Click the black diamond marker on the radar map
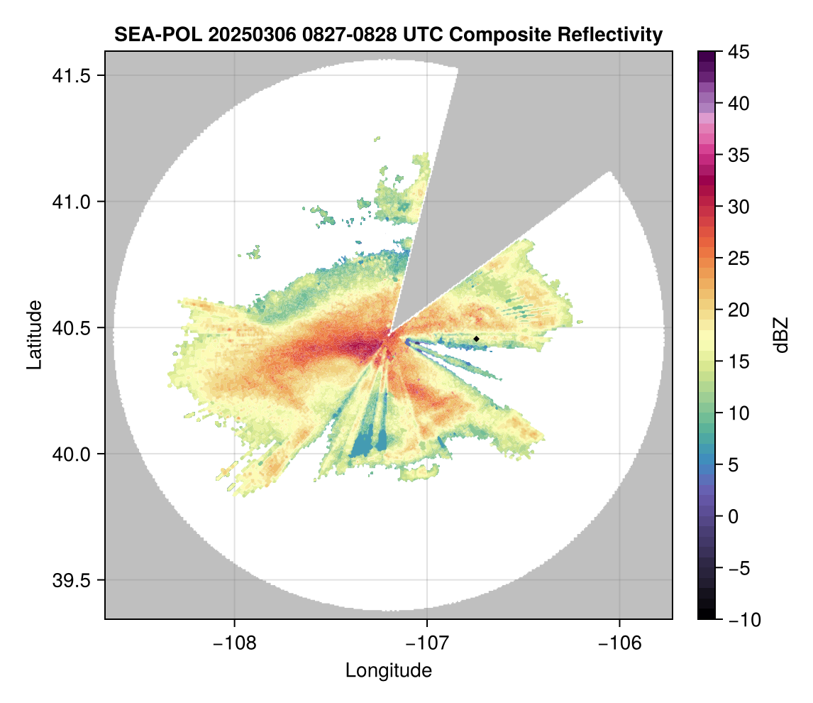(476, 339)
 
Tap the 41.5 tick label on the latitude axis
(71, 76)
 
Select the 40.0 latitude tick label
(71, 454)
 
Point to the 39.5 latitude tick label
(71, 580)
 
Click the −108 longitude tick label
(234, 643)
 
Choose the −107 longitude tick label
(427, 643)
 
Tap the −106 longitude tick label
(619, 643)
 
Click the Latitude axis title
(34, 334)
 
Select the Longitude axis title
(389, 670)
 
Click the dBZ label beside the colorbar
(781, 335)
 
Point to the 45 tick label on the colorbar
(739, 52)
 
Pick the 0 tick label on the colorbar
(733, 516)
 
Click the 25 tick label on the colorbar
(739, 258)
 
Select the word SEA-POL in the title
(157, 35)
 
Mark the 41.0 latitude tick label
(71, 202)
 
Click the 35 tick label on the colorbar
(739, 155)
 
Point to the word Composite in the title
(499, 35)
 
